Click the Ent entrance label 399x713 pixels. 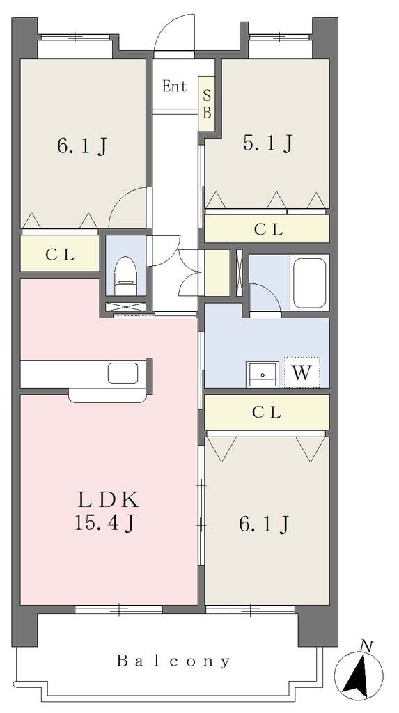(x=175, y=86)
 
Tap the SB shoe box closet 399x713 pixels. (x=207, y=104)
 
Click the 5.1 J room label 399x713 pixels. (x=267, y=143)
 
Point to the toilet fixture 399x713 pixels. (x=124, y=276)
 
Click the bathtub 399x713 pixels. (x=309, y=283)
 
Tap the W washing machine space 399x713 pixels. (x=302, y=373)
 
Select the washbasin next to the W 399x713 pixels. (x=263, y=374)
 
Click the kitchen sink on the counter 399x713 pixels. (x=123, y=373)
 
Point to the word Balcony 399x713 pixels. (x=173, y=661)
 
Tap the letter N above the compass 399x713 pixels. (x=366, y=645)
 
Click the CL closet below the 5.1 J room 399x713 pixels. (x=267, y=228)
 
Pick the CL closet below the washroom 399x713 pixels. (x=267, y=412)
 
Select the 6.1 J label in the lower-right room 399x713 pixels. (x=264, y=524)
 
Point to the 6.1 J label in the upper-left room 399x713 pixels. (x=82, y=146)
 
